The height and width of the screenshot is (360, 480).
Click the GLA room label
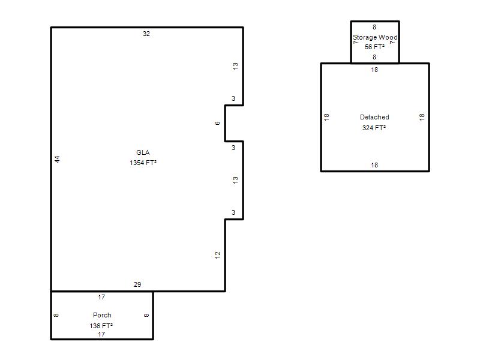(x=143, y=152)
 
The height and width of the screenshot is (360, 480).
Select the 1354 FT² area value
(x=143, y=163)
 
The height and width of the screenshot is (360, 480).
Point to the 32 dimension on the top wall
(x=146, y=34)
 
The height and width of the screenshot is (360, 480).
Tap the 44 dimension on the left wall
(x=58, y=159)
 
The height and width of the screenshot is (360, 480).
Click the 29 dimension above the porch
(x=137, y=284)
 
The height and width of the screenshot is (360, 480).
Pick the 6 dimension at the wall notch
(x=217, y=123)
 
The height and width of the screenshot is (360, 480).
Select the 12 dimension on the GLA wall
(x=217, y=255)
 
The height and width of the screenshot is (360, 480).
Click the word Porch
(x=102, y=315)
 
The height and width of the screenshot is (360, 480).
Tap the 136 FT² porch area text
(x=101, y=326)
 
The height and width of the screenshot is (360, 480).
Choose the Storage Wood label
(x=375, y=37)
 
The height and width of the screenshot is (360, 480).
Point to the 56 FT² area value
(x=374, y=47)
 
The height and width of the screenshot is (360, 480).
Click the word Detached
(x=374, y=117)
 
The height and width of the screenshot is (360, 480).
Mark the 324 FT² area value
(x=374, y=128)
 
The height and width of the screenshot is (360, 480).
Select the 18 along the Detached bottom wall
(x=374, y=165)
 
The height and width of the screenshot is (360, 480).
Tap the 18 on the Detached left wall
(x=326, y=116)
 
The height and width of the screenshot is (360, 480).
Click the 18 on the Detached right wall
(x=422, y=116)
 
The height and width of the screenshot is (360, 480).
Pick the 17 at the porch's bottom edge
(x=101, y=334)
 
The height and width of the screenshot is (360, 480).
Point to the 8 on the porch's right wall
(x=146, y=315)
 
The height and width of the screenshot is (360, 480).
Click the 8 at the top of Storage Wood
(x=374, y=27)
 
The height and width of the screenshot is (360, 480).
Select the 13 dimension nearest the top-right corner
(x=235, y=66)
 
